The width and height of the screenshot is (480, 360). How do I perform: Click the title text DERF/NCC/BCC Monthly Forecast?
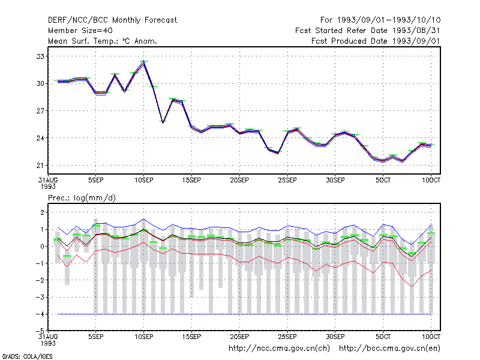pos(112,20)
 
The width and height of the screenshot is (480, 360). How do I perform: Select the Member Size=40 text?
pos(80,31)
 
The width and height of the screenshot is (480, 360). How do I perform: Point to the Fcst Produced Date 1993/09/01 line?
pos(376,41)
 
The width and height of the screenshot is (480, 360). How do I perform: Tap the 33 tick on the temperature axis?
pos(40,56)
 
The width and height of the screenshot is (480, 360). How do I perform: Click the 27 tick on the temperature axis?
pos(40,111)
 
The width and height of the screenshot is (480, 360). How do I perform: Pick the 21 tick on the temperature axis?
pos(40,166)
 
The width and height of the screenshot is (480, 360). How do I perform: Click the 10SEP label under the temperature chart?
pos(144,181)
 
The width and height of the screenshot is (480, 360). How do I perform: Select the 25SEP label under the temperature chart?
pos(287,181)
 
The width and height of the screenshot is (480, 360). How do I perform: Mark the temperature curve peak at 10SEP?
pos(143,62)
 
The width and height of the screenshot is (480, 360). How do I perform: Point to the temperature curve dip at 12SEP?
pos(163,122)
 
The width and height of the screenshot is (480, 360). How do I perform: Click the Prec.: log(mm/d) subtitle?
pos(82,198)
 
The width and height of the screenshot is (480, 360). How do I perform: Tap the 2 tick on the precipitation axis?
pos(42,212)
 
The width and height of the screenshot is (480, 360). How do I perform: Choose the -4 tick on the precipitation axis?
pos(40,314)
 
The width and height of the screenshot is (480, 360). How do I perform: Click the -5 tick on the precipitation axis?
pos(40,331)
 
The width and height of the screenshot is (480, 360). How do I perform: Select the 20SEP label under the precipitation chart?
pos(239,337)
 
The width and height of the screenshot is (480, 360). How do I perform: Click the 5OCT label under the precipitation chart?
pos(383,337)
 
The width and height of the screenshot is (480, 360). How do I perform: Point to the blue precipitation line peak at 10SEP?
pos(143,219)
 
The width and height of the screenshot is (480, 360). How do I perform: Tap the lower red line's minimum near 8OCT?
pos(412,287)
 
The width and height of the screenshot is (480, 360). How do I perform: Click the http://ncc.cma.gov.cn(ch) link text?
pos(279,349)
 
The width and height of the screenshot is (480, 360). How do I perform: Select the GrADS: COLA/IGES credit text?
pos(27,356)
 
